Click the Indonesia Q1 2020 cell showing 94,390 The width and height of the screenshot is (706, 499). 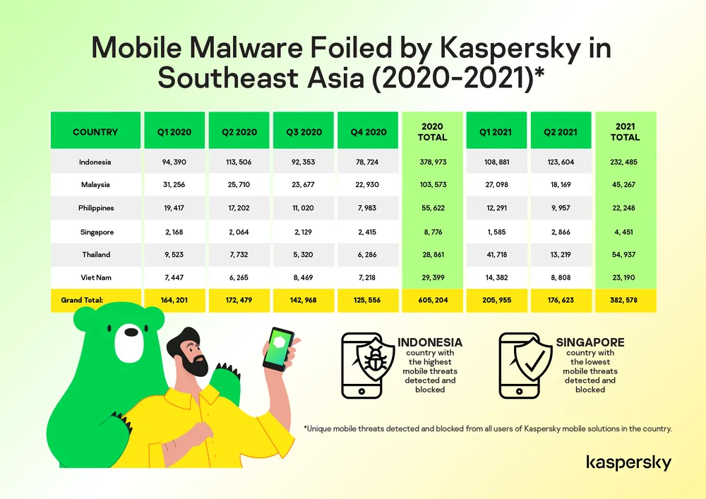(x=174, y=162)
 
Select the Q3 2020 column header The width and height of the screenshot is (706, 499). (x=304, y=132)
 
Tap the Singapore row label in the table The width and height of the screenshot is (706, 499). (x=96, y=232)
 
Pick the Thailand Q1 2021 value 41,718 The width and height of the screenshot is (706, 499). (x=497, y=255)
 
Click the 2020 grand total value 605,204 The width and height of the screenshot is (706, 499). (x=432, y=301)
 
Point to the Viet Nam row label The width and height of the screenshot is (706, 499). (x=96, y=278)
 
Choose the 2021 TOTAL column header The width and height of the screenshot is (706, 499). (x=626, y=132)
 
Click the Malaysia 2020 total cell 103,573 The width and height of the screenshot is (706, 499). (x=432, y=186)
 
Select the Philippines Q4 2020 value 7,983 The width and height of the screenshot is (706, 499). (x=368, y=209)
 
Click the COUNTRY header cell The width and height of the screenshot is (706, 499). (x=95, y=132)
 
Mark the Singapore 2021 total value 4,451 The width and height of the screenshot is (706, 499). (x=626, y=232)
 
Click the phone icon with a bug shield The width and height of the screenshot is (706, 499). (x=369, y=365)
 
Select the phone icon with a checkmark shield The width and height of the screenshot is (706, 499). (x=527, y=365)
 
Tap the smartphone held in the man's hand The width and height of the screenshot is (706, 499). (x=278, y=349)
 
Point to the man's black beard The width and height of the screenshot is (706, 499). (x=191, y=363)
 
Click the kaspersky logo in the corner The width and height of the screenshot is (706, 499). (x=628, y=463)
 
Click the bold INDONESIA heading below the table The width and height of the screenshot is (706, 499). (x=430, y=342)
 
